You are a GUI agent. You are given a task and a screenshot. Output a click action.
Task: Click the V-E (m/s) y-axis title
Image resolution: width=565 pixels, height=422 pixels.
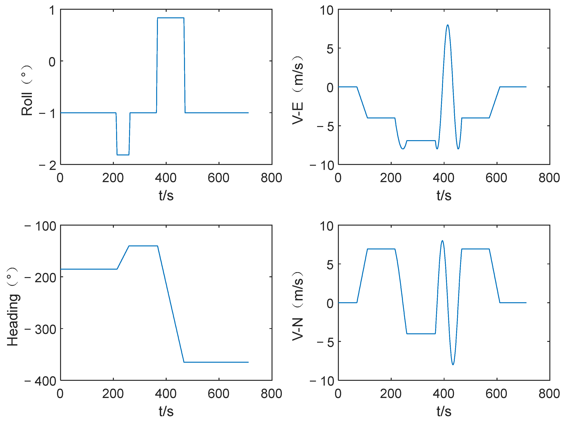pyautogui.click(x=298, y=90)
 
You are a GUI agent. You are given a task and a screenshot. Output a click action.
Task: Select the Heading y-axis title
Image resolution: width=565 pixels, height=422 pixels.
pyautogui.click(x=13, y=307)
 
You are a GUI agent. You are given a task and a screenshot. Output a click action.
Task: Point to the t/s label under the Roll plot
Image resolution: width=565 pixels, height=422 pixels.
pyautogui.click(x=166, y=196)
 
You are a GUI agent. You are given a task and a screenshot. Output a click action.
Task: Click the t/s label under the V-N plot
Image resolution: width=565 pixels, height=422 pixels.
pyautogui.click(x=444, y=412)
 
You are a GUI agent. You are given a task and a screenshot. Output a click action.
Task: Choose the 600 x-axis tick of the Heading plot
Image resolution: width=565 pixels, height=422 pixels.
pyautogui.click(x=218, y=394)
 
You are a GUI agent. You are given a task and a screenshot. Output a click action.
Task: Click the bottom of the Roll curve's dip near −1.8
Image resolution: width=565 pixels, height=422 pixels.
pyautogui.click(x=123, y=155)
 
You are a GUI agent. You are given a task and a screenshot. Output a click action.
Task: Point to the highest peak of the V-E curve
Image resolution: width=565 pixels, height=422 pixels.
pyautogui.click(x=448, y=25)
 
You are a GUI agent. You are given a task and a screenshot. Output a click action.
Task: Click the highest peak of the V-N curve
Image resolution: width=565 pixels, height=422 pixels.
pyautogui.click(x=442, y=241)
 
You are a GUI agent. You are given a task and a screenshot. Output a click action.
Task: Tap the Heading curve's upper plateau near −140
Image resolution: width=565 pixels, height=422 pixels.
pyautogui.click(x=143, y=246)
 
